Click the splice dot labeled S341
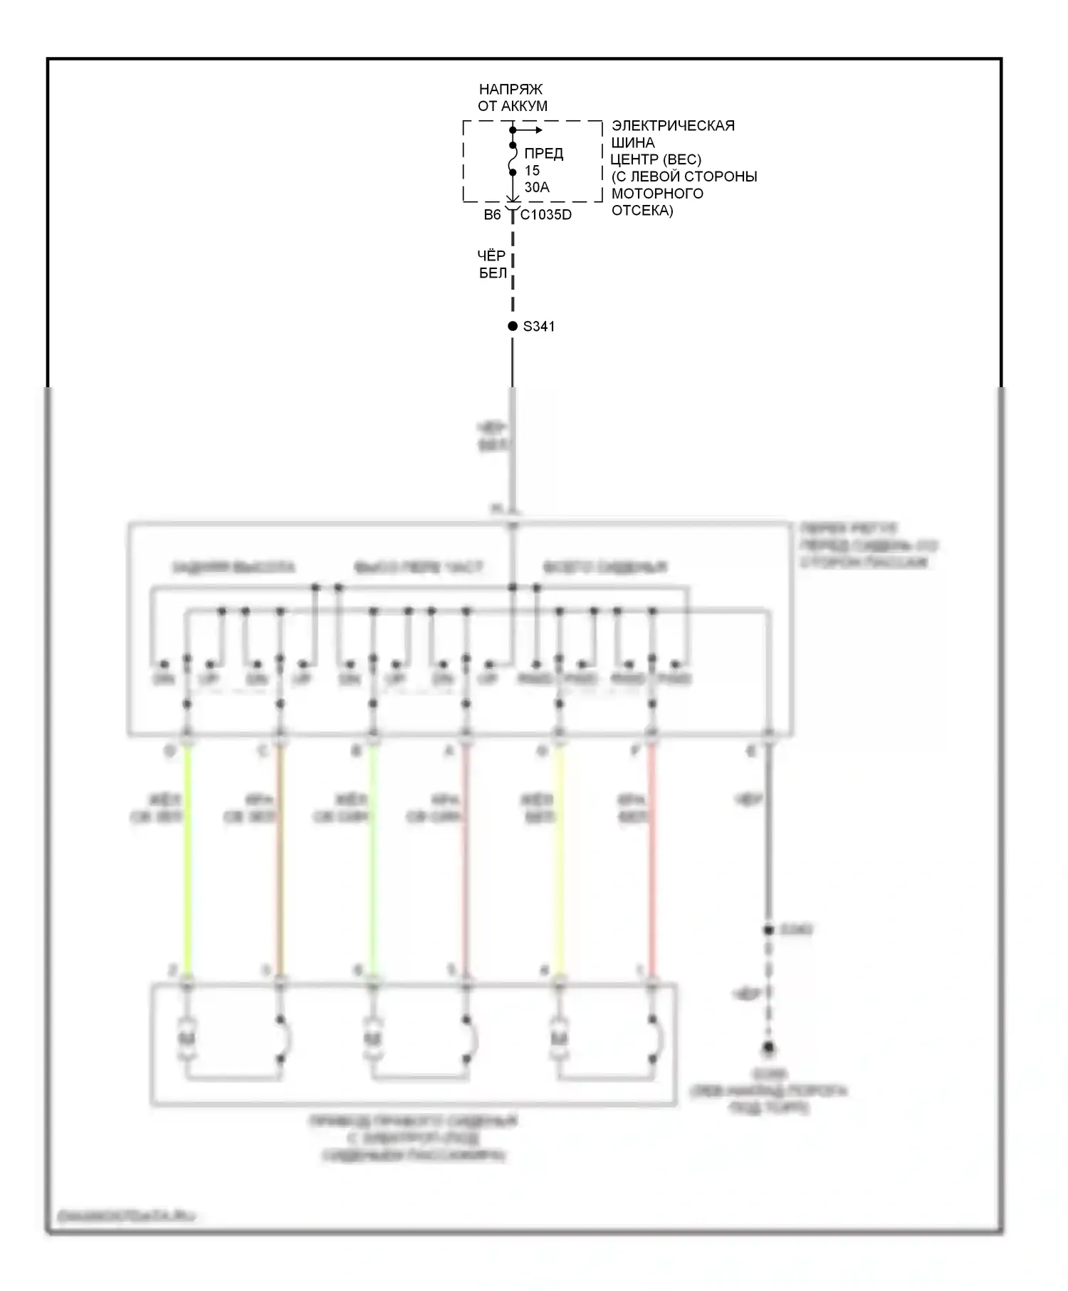(512, 326)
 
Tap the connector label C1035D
(546, 215)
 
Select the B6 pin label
(492, 215)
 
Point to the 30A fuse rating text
(537, 187)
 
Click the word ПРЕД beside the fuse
(543, 154)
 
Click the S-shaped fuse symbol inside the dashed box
(512, 159)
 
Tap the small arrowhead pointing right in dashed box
(538, 130)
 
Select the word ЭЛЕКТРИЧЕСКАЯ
(673, 126)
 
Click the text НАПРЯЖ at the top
(511, 90)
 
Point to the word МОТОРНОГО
(657, 194)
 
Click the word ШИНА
(633, 142)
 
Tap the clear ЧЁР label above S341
(491, 255)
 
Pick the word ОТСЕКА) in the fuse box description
(642, 211)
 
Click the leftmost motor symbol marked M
(187, 1040)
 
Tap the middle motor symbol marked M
(372, 1040)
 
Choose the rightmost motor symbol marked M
(559, 1040)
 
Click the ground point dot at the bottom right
(768, 1048)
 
